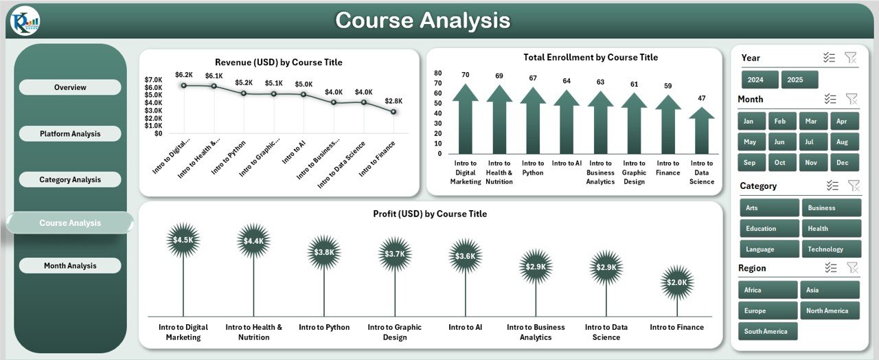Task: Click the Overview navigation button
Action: (x=70, y=87)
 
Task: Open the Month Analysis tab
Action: (x=70, y=266)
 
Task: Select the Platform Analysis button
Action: (x=70, y=133)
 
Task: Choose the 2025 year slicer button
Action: (x=799, y=80)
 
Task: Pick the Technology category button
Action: (x=831, y=249)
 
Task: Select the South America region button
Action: (x=767, y=331)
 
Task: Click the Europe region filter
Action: (x=767, y=311)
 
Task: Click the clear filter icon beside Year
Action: (x=850, y=58)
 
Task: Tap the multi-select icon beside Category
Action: (x=832, y=185)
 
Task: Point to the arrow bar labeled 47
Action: (x=701, y=131)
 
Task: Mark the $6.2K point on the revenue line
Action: (x=184, y=85)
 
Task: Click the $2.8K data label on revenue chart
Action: (x=393, y=100)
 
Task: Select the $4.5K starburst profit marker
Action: (x=183, y=240)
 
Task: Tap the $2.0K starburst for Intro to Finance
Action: (x=676, y=282)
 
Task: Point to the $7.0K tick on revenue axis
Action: (x=153, y=80)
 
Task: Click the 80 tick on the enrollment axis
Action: (x=438, y=72)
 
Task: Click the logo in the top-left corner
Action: (x=25, y=21)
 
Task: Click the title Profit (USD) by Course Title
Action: (x=430, y=214)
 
